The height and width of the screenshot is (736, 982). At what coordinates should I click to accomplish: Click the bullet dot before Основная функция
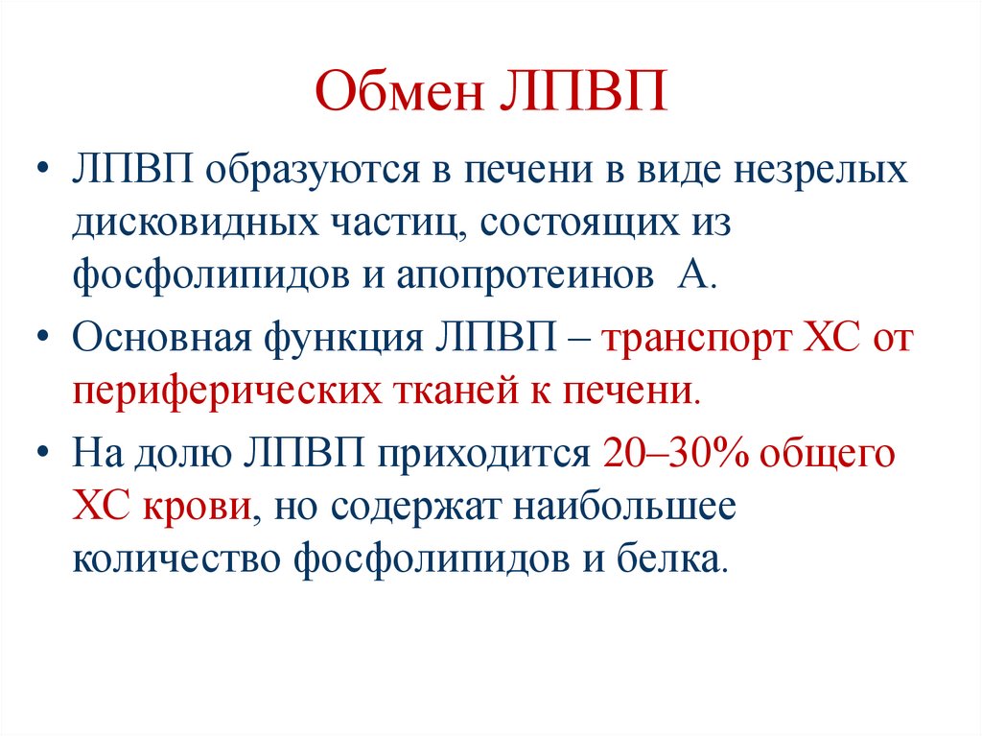tap(46, 341)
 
